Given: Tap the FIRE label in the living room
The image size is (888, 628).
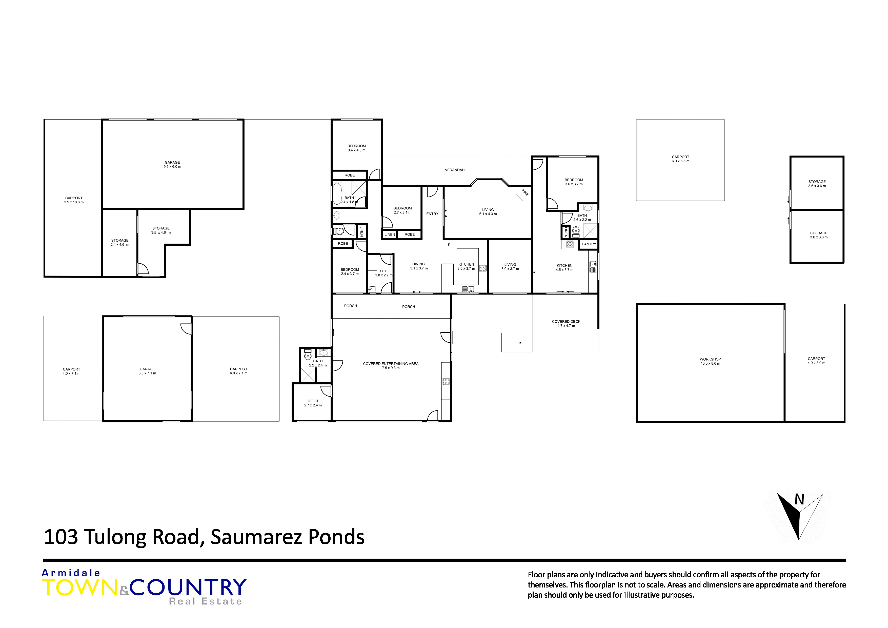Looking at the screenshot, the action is pyautogui.click(x=525, y=192).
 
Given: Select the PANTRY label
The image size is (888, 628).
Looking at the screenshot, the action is pyautogui.click(x=589, y=244).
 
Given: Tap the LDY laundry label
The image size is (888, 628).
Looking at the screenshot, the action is pyautogui.click(x=383, y=271).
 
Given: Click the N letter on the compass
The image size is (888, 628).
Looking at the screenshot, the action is pyautogui.click(x=799, y=500).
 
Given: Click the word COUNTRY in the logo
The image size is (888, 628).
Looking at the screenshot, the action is pyautogui.click(x=188, y=588).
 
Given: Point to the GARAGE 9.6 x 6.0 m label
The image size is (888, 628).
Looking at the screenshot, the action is pyautogui.click(x=172, y=164).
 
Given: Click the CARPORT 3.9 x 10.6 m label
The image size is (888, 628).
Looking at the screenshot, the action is pyautogui.click(x=74, y=200).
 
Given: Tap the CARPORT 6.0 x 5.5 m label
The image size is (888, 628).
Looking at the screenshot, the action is pyautogui.click(x=680, y=159).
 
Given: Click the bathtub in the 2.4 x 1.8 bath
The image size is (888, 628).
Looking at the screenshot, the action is pyautogui.click(x=337, y=194).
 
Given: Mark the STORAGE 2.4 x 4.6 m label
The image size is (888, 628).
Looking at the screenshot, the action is pyautogui.click(x=120, y=242).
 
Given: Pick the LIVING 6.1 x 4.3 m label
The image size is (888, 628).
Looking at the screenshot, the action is pyautogui.click(x=488, y=212).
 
